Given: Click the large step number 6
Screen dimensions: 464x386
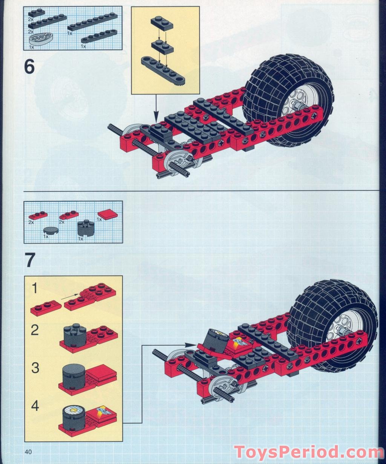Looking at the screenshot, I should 29,67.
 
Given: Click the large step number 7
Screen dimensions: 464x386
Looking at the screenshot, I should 30,260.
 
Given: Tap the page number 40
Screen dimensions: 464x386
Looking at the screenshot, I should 29,452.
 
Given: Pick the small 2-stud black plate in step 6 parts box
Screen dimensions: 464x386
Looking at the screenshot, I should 36,13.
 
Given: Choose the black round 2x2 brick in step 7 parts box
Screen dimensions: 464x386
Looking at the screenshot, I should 86,228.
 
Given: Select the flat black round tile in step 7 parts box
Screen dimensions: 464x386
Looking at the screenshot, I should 51,230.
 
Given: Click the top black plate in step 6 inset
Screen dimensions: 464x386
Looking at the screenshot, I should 162,23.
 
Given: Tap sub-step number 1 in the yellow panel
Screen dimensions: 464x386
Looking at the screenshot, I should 35,289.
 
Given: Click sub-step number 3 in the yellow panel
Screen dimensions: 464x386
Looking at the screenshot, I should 35,368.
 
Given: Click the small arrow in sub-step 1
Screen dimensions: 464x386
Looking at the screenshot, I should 70,297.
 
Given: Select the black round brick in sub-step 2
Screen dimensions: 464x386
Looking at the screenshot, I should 72,334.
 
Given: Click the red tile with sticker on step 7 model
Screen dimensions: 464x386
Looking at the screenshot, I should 238,343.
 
